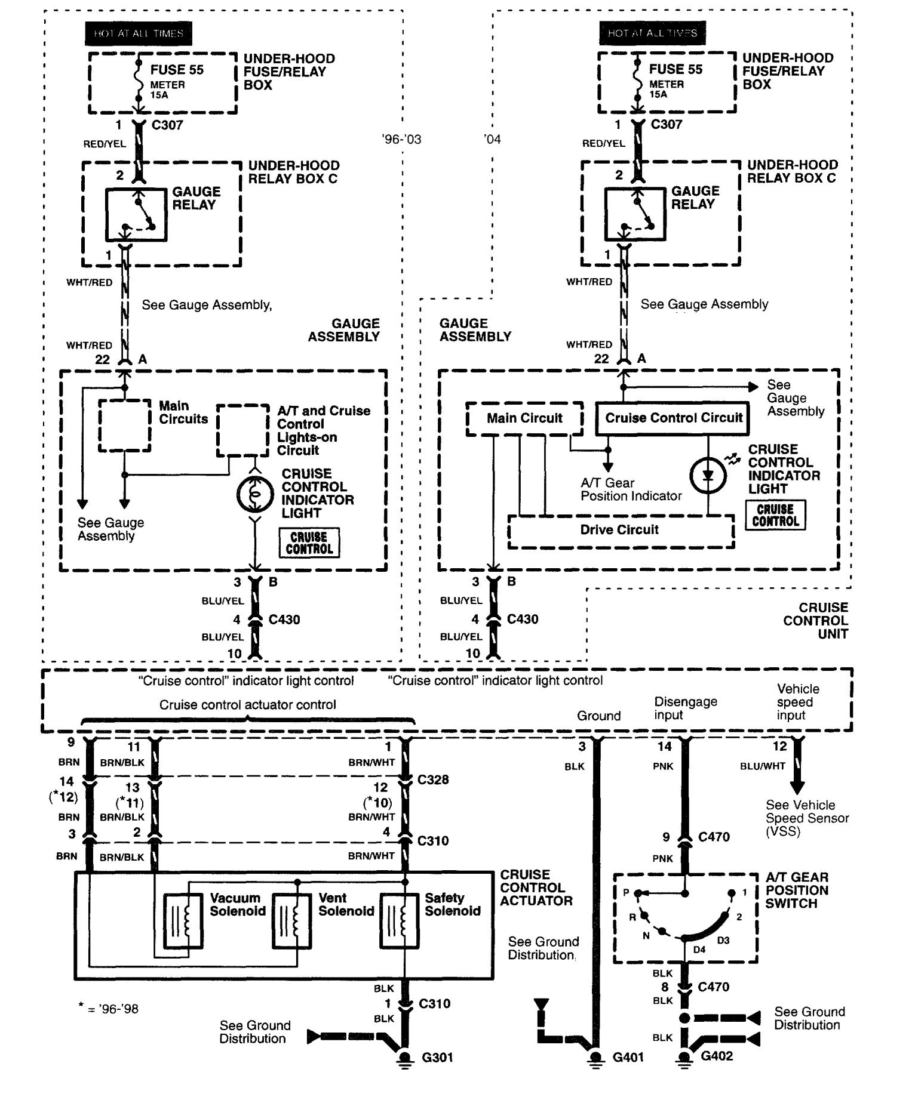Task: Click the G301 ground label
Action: coord(437,1058)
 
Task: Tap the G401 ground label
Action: coord(629,1058)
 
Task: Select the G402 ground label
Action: coord(716,1056)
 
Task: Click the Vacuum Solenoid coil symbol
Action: coord(183,921)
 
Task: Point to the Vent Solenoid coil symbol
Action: coord(291,921)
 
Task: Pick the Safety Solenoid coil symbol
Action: coord(399,921)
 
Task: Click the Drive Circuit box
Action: coord(620,531)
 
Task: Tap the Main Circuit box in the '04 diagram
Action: coord(524,418)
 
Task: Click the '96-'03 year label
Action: coord(401,139)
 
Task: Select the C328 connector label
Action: coord(433,779)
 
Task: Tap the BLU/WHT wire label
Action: coord(762,766)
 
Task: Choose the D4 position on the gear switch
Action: coord(699,950)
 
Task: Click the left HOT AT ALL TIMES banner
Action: coord(139,33)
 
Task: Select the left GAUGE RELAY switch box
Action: coord(136,214)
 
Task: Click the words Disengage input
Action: coord(685,708)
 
